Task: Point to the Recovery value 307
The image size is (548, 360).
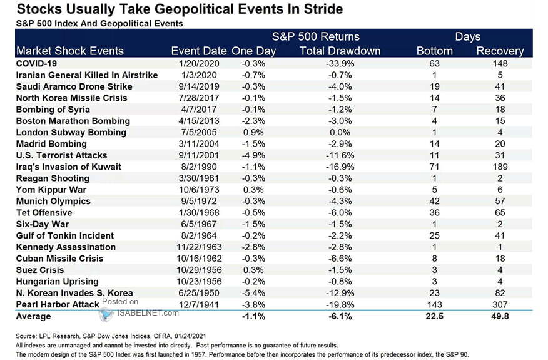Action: [x=499, y=304]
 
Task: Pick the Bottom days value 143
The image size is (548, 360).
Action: [x=434, y=304]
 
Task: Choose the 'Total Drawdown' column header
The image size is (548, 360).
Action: [x=340, y=51]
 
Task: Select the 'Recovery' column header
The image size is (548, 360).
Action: [x=499, y=51]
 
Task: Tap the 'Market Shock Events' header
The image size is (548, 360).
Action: [x=70, y=51]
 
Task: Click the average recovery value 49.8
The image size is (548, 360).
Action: [x=499, y=317]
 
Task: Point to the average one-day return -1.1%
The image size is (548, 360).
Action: [x=253, y=317]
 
